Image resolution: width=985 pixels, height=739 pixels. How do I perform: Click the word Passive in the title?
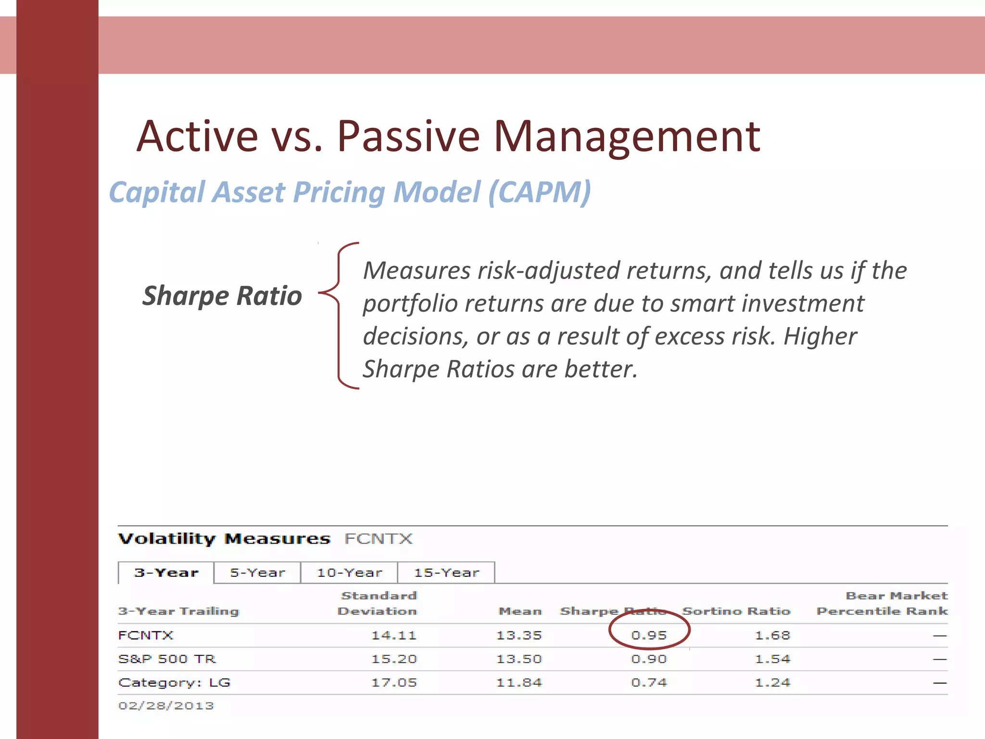pos(408,137)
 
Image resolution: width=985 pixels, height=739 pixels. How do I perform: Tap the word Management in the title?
pos(626,137)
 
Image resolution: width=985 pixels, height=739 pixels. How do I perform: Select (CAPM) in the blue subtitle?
pos(539,192)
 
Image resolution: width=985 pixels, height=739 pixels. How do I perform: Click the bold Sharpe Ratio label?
pos(222,295)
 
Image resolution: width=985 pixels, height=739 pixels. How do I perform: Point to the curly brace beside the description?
pos(339,315)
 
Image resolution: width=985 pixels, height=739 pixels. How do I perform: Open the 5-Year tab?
pos(257,573)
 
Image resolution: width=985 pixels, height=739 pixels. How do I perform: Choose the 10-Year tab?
pos(349,573)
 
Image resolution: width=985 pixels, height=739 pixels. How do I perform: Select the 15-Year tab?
pos(446,573)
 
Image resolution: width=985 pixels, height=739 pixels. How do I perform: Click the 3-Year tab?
pos(166,573)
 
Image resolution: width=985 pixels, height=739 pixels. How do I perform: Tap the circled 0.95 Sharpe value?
pos(649,635)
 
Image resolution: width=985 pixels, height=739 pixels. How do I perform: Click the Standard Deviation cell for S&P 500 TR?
pos(393,659)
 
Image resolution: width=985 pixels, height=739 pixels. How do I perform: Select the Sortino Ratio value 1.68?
pos(772,635)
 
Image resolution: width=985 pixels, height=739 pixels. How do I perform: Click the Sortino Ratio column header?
pos(736,611)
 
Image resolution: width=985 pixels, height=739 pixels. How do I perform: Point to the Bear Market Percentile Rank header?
pos(882,603)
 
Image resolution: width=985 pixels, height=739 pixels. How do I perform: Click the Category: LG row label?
pos(174,682)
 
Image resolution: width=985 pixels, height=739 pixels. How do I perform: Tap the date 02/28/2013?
pos(166,705)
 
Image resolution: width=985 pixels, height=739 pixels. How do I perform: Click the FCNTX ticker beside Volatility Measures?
pos(379,538)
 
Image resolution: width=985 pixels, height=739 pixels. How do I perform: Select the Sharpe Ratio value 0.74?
pos(649,682)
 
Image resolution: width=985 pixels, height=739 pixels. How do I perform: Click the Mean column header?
pos(520,611)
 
